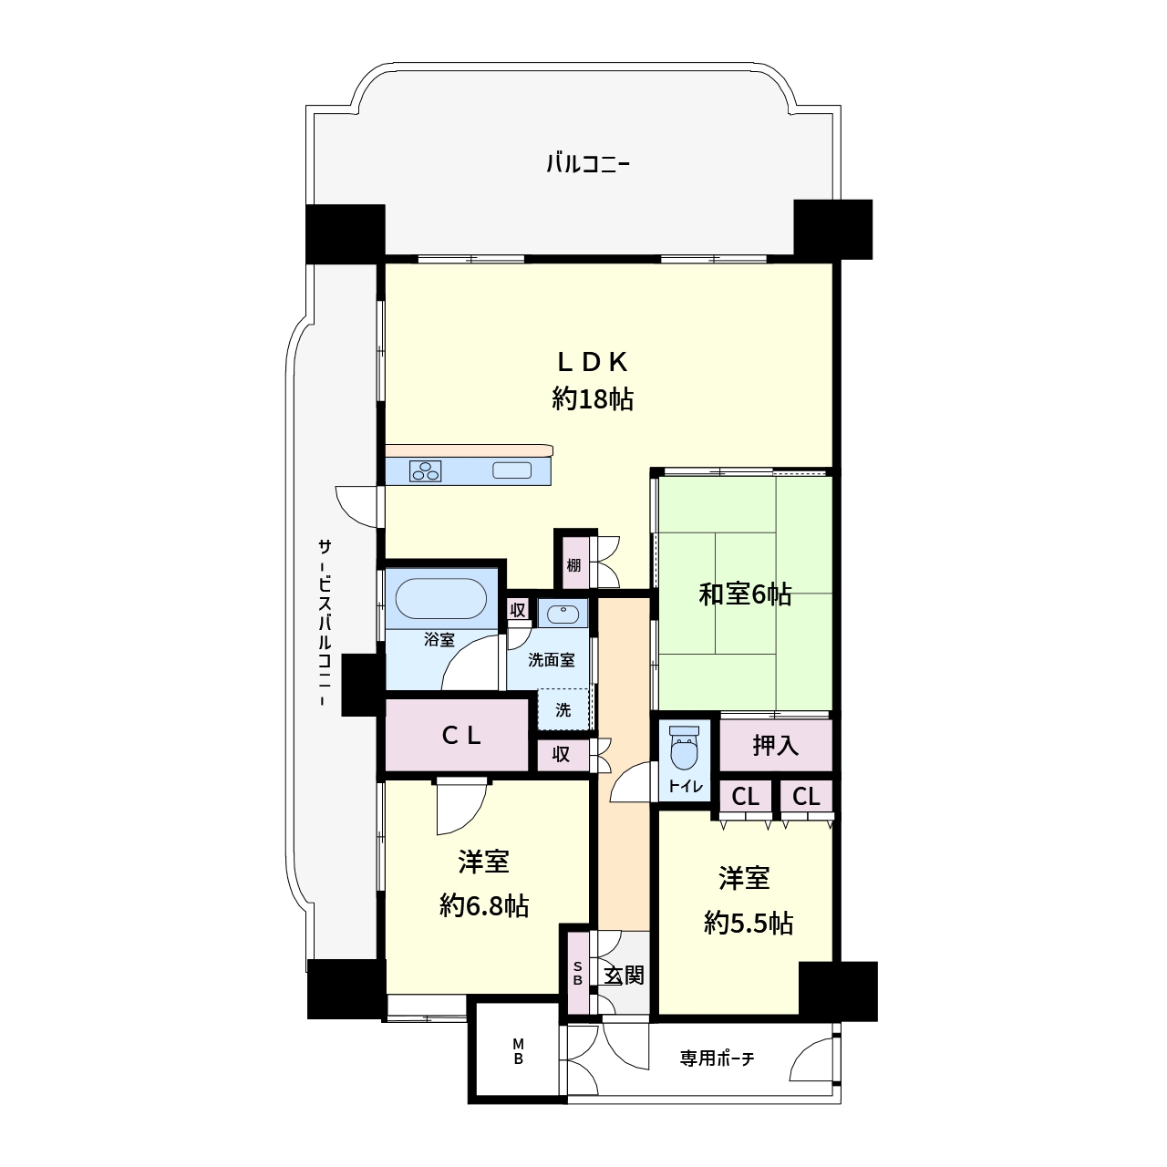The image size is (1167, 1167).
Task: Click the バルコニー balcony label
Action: [588, 163]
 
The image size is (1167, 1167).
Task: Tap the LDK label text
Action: [593, 362]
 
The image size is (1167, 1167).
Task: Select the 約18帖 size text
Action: [593, 399]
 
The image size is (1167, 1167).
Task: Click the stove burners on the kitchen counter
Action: [425, 470]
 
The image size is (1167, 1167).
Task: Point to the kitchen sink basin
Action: [511, 470]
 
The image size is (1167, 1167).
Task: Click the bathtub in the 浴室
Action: [441, 598]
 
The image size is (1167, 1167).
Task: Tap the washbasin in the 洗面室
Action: [563, 614]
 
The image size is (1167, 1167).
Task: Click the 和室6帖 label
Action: [744, 594]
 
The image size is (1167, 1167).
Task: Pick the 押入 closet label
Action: [775, 746]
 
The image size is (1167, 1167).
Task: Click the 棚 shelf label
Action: [573, 565]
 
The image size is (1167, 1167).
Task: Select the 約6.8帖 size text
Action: [484, 906]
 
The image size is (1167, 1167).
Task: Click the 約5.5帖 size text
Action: [748, 924]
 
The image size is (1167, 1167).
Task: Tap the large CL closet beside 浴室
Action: [458, 735]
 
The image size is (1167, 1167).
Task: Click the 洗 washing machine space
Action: [563, 709]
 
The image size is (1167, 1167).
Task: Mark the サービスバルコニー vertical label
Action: [325, 622]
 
